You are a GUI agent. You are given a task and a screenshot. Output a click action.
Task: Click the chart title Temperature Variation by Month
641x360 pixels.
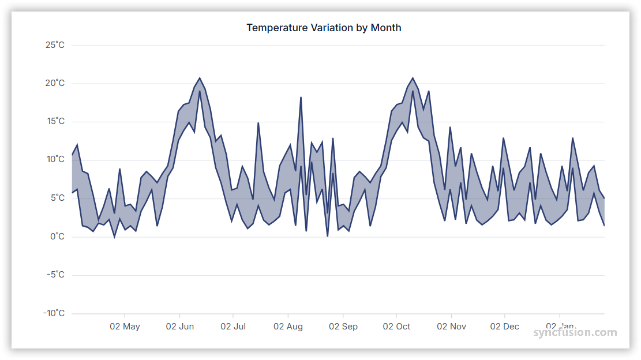[324, 28]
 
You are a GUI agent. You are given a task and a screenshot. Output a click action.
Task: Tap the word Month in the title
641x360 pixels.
[385, 28]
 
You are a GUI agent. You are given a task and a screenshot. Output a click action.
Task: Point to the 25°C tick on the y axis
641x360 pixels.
[55, 45]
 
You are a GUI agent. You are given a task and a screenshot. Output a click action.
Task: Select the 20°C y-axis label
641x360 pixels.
[55, 83]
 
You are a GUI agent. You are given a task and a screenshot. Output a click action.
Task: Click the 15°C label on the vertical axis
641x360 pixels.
[55, 122]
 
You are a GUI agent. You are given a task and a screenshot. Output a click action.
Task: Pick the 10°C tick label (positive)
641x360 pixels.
[55, 160]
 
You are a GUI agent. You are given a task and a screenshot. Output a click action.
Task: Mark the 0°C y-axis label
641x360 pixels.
[57, 237]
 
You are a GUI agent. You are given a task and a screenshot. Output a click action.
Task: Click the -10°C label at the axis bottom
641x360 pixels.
[54, 313]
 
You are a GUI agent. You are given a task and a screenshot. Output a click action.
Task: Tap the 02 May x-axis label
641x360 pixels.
[125, 327]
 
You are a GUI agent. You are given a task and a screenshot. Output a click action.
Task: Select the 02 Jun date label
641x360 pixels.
[180, 327]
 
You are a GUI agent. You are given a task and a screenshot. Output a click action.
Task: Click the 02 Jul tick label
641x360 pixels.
[233, 327]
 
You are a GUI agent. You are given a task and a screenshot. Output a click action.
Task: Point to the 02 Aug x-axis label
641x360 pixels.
[288, 327]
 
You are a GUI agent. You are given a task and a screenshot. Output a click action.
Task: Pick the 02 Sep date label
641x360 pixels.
[343, 327]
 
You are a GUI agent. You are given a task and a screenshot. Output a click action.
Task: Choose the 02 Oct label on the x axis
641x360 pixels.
[396, 327]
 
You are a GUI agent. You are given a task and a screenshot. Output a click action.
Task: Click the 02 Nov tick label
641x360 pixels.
[451, 327]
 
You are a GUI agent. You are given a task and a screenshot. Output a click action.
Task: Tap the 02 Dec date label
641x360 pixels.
[505, 327]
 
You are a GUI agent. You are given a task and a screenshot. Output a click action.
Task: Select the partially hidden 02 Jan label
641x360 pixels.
[558, 326]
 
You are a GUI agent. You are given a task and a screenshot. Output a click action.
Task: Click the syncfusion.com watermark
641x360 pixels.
[575, 332]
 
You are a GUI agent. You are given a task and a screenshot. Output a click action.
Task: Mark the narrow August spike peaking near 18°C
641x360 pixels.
[301, 99]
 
